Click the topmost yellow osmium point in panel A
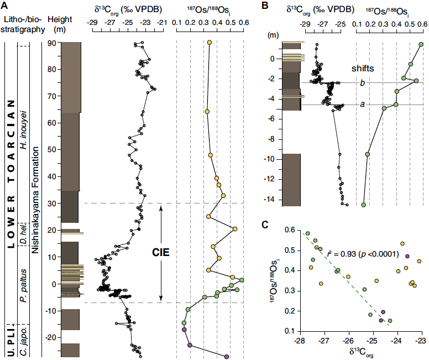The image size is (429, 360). click(209, 43)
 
